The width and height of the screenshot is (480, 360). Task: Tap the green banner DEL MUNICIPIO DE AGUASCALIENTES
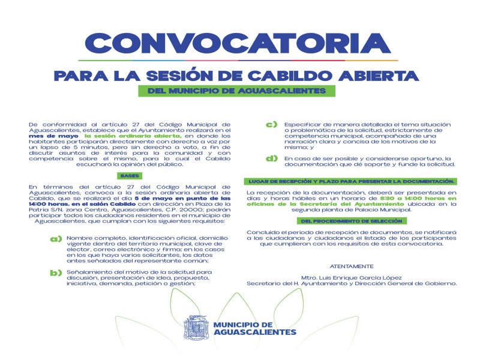click(236, 91)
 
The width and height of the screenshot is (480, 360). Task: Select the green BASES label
click(128, 176)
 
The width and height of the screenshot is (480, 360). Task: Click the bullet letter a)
click(56, 239)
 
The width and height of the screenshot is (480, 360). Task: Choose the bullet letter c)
click(271, 125)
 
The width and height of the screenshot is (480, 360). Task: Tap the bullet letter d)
click(271, 158)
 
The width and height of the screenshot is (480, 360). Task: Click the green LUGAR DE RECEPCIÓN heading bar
click(350, 181)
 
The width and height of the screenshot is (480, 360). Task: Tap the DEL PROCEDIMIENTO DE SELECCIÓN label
click(350, 221)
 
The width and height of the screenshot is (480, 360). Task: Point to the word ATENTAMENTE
click(352, 265)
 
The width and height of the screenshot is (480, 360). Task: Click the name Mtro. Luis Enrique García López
click(352, 277)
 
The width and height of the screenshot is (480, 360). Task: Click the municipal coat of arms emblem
click(196, 328)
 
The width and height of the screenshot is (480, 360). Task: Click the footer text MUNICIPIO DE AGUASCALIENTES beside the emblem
click(254, 328)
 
